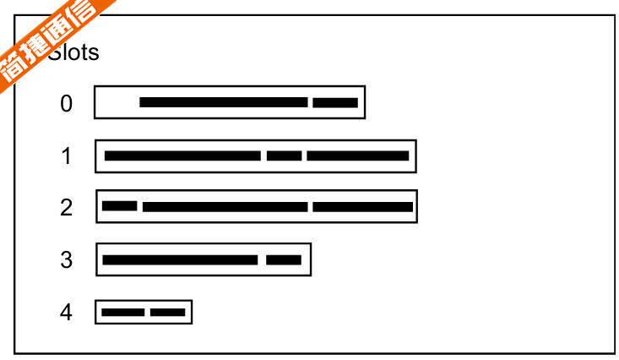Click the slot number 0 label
click(67, 104)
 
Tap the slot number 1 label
click(67, 156)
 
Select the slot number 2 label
click(67, 208)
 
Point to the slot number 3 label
click(67, 260)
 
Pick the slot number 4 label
click(67, 313)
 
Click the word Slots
click(74, 53)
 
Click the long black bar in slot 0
click(223, 103)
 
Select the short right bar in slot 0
click(335, 103)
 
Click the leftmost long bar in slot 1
click(182, 156)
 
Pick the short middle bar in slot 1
click(284, 156)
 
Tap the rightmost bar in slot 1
click(357, 156)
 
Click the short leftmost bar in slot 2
click(119, 206)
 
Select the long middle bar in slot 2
click(225, 207)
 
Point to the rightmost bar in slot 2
click(362, 207)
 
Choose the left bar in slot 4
click(122, 313)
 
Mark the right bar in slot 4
click(167, 313)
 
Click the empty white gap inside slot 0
click(117, 103)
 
